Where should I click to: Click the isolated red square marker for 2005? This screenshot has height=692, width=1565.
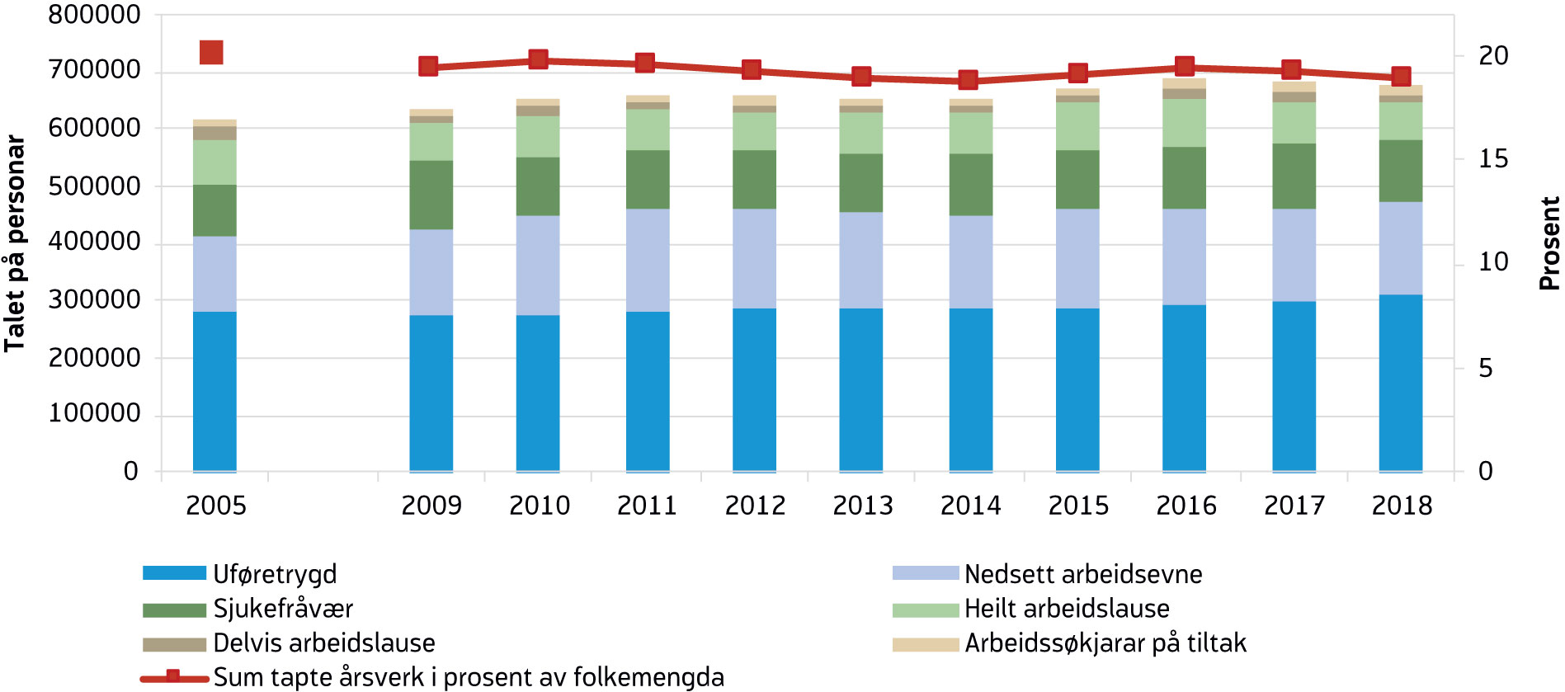(211, 53)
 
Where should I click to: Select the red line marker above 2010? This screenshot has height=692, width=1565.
(538, 59)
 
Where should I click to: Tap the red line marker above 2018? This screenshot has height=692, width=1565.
(1400, 77)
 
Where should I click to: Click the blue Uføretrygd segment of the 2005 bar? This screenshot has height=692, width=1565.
(214, 391)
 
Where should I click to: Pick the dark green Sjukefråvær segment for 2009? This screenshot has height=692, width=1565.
(431, 195)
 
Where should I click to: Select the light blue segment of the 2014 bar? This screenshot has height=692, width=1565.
(970, 261)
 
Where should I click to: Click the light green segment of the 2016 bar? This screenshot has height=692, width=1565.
(1184, 123)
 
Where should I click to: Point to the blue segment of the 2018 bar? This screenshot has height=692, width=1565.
(1400, 383)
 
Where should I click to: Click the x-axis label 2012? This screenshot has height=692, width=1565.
(755, 506)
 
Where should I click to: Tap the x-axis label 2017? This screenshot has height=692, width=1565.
(1294, 506)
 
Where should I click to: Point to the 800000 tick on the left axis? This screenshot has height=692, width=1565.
(94, 15)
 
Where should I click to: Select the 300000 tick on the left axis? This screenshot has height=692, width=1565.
(94, 300)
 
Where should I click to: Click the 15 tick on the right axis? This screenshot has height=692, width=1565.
(1492, 159)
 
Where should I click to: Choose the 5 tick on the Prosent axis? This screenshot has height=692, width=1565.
(1485, 368)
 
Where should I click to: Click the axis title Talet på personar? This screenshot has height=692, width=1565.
(15, 243)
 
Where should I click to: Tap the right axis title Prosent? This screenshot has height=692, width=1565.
(1549, 243)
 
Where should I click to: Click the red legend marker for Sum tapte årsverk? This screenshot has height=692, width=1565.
(173, 677)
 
